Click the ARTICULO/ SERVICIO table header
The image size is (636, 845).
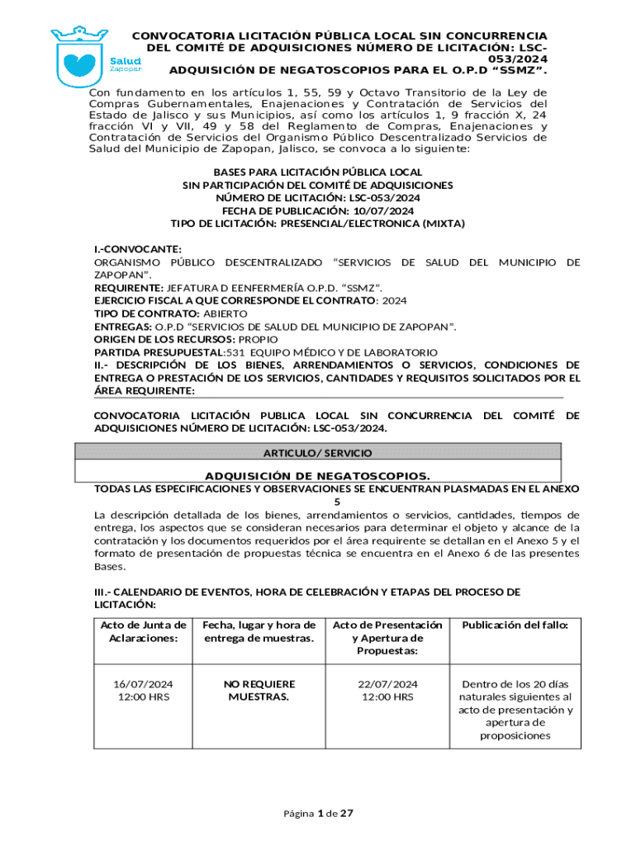point(317,453)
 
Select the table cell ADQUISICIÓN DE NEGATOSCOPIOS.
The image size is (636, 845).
point(317,476)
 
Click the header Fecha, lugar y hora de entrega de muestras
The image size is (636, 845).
point(260,632)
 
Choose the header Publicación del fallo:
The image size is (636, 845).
point(515,625)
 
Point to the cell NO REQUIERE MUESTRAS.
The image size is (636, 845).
point(259,691)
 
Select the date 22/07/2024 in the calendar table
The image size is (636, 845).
point(387,684)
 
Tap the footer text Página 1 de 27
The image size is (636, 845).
point(318,814)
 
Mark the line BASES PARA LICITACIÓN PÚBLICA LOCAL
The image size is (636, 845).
point(318,172)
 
